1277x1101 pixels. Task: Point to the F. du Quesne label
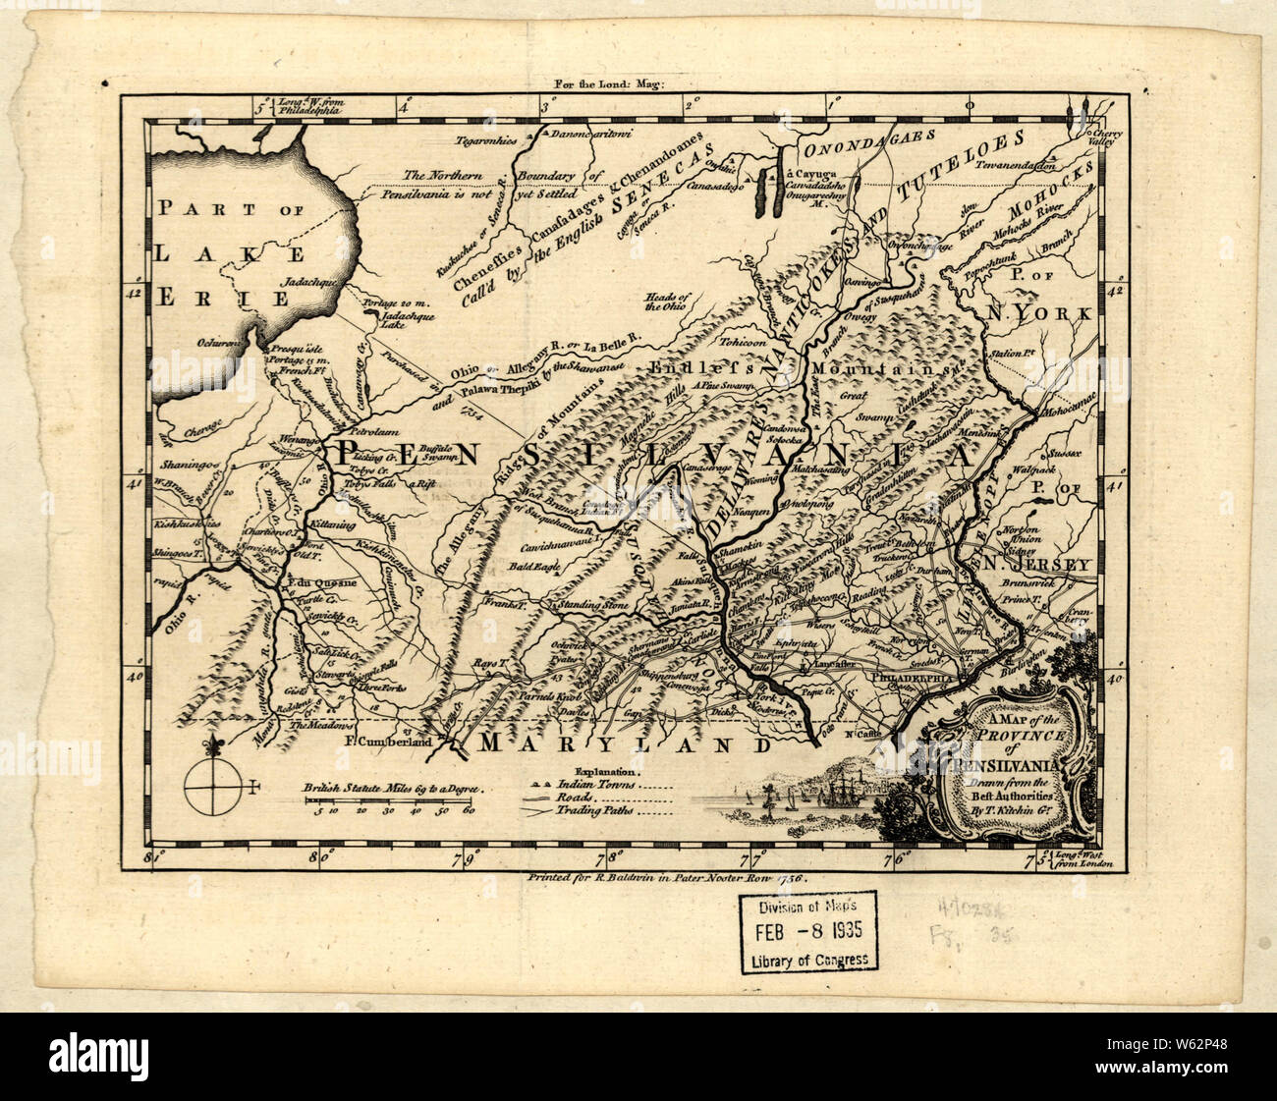pyautogui.click(x=316, y=579)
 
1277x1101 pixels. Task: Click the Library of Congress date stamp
pyautogui.click(x=809, y=931)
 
